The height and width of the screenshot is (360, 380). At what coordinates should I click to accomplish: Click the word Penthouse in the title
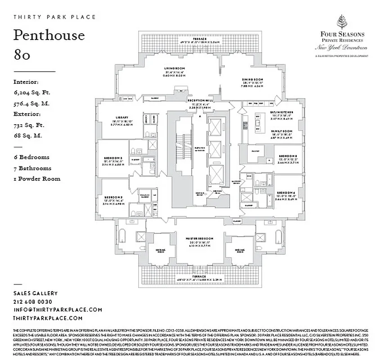[49, 35]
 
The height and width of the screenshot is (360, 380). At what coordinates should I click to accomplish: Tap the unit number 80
[22, 55]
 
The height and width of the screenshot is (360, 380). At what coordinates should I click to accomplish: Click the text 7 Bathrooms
[32, 168]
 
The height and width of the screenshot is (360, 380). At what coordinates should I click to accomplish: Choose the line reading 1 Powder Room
[37, 179]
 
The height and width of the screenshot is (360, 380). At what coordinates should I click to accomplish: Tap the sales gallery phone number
[33, 301]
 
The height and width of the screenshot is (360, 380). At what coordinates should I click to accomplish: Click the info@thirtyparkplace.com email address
[58, 310]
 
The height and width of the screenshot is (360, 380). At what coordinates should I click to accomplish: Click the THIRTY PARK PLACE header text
[54, 17]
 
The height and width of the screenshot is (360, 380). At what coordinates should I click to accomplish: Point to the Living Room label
[175, 68]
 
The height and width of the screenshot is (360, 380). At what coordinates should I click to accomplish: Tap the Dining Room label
[252, 79]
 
